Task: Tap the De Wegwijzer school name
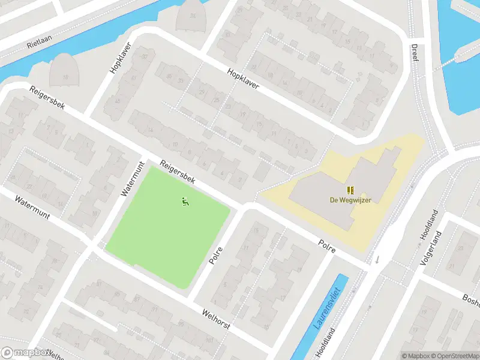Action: click(x=350, y=200)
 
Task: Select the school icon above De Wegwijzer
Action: click(x=350, y=190)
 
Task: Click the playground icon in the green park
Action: click(x=185, y=202)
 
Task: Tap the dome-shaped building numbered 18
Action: click(x=64, y=71)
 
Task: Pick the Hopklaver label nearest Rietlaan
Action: click(x=120, y=62)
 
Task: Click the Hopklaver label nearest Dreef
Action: click(x=243, y=79)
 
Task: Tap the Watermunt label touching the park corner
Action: click(x=133, y=179)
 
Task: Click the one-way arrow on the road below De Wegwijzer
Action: click(x=377, y=260)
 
